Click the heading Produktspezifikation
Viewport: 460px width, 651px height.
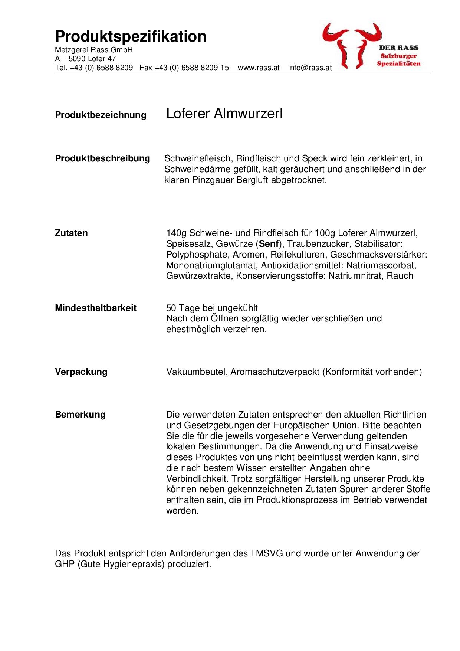pyautogui.click(x=131, y=37)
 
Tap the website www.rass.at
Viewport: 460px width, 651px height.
pyautogui.click(x=258, y=68)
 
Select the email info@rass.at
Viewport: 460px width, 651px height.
pyautogui.click(x=310, y=68)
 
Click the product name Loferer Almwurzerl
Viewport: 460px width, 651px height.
pyautogui.click(x=224, y=114)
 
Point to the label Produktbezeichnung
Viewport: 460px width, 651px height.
pyautogui.click(x=101, y=115)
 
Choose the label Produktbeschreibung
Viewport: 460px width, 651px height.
pyautogui.click(x=102, y=158)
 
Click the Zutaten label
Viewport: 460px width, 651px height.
pyautogui.click(x=71, y=233)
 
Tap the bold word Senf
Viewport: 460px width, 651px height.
pyautogui.click(x=269, y=244)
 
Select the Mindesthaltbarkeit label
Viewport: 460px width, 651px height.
pyautogui.click(x=95, y=308)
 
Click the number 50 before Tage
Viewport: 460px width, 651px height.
pyautogui.click(x=171, y=308)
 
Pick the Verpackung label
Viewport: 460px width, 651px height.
pyautogui.click(x=81, y=372)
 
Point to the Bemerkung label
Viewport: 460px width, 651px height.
pyautogui.click(x=80, y=415)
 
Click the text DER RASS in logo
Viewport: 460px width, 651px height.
pyautogui.click(x=399, y=48)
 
